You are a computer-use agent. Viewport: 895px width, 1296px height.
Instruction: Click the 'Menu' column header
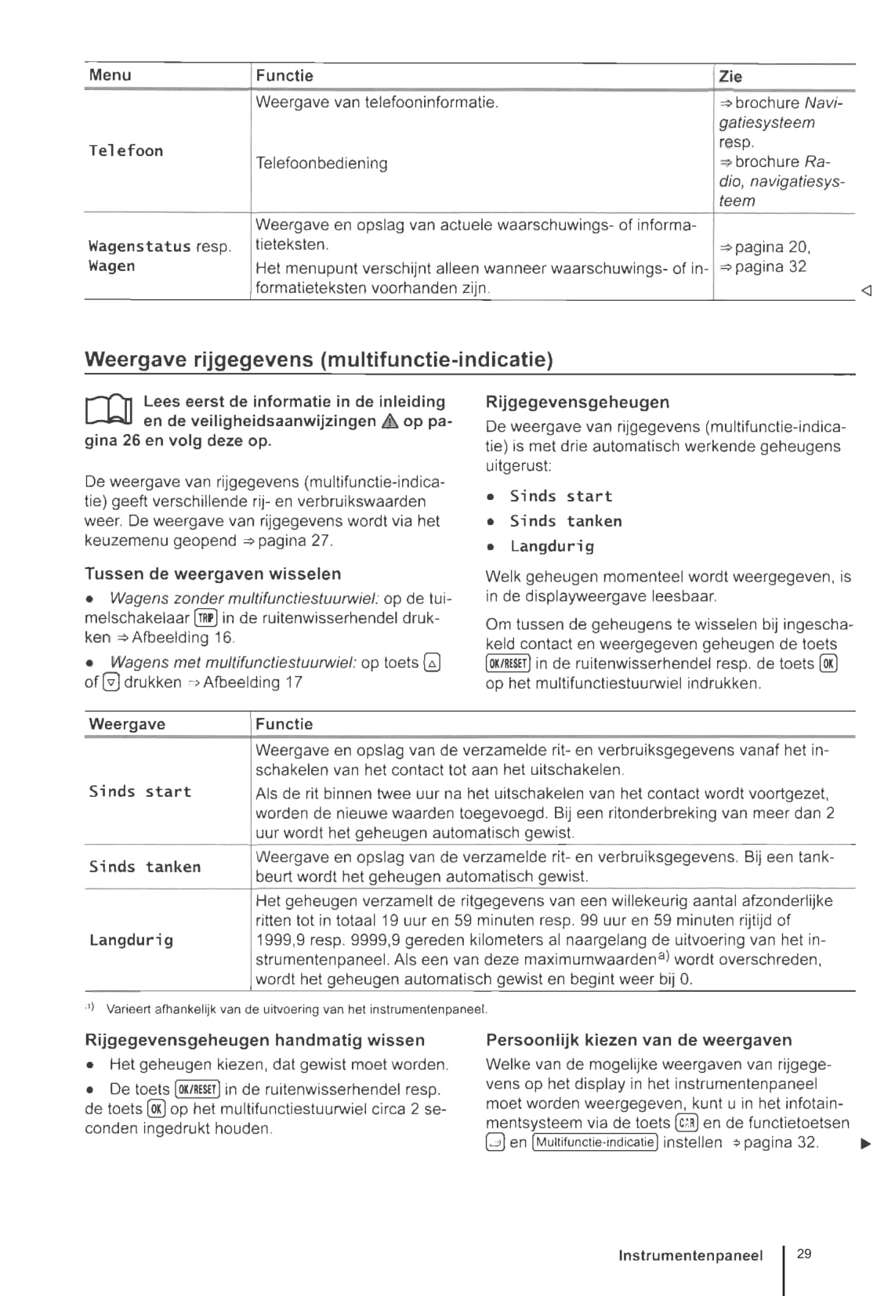(110, 75)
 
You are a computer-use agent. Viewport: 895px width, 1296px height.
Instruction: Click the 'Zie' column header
(730, 76)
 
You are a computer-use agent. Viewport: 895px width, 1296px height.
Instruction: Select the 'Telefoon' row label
(125, 150)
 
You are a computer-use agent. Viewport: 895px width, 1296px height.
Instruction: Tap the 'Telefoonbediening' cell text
(321, 163)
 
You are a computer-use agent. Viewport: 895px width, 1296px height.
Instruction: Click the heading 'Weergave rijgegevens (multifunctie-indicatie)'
(318, 360)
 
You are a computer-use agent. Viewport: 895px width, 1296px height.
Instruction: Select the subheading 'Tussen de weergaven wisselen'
(212, 574)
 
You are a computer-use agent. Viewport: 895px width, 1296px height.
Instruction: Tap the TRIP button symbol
(206, 618)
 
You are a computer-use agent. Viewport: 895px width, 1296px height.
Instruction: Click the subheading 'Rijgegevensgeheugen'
(578, 402)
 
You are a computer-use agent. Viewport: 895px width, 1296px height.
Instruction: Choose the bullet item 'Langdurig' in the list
(552, 546)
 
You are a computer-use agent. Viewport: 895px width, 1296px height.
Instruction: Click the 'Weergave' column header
(127, 724)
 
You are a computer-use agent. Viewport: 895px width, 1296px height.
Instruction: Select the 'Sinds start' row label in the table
(140, 791)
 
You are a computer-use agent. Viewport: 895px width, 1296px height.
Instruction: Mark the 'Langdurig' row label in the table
(131, 939)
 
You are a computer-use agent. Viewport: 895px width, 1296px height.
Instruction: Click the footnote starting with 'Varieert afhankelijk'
(296, 1008)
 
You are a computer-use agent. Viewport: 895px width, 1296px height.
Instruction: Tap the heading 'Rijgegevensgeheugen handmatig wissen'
(254, 1040)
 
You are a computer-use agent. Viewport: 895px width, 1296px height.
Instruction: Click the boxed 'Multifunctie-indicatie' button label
(594, 1142)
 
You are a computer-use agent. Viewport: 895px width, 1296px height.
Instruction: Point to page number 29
(804, 1254)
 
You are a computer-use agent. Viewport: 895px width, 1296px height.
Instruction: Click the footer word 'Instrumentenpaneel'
(690, 1255)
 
